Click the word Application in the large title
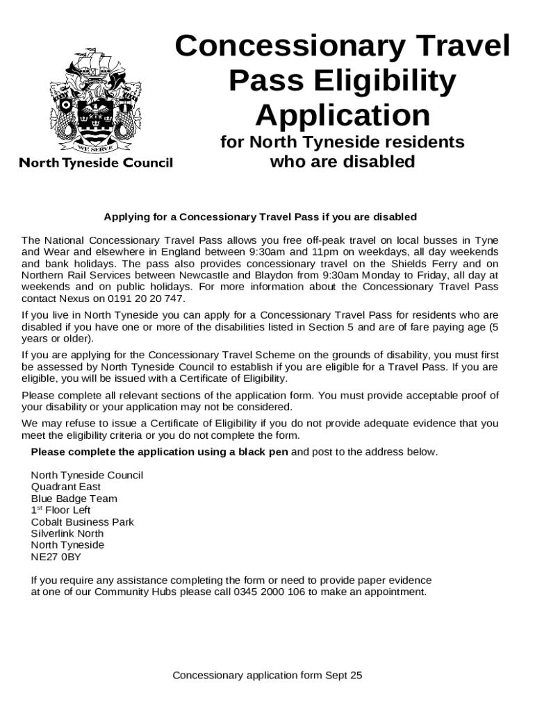(x=343, y=115)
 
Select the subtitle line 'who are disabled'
(x=342, y=162)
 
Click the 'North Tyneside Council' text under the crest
(x=96, y=163)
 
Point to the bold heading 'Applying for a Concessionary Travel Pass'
(x=260, y=217)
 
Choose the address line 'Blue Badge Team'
(x=74, y=499)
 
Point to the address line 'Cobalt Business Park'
(x=83, y=521)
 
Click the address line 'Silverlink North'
(x=67, y=533)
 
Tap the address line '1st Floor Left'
(x=61, y=510)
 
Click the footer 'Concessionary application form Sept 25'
(x=267, y=675)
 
